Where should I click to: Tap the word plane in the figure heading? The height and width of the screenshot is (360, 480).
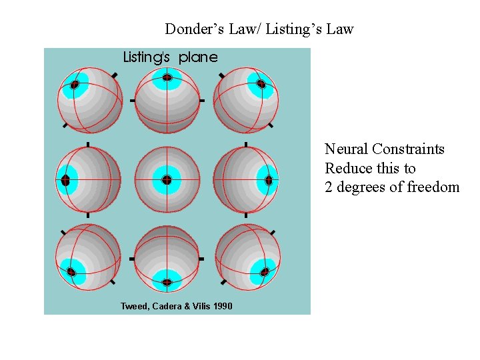click(198, 57)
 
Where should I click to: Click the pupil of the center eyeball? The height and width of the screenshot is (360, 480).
click(167, 179)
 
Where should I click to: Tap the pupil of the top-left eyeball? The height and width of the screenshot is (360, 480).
click(75, 84)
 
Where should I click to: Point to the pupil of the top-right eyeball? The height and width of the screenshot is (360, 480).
click(261, 84)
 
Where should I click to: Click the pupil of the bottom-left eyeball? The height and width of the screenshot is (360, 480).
click(70, 271)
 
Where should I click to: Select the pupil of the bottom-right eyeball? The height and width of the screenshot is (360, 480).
click(265, 271)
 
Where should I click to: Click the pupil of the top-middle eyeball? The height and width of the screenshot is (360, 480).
click(167, 78)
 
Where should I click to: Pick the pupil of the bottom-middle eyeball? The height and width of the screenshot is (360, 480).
click(167, 282)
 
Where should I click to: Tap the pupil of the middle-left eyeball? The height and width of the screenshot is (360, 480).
click(65, 180)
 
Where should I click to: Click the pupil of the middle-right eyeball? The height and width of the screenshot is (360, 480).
click(269, 180)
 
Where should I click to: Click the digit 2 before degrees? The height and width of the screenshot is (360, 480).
click(329, 187)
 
